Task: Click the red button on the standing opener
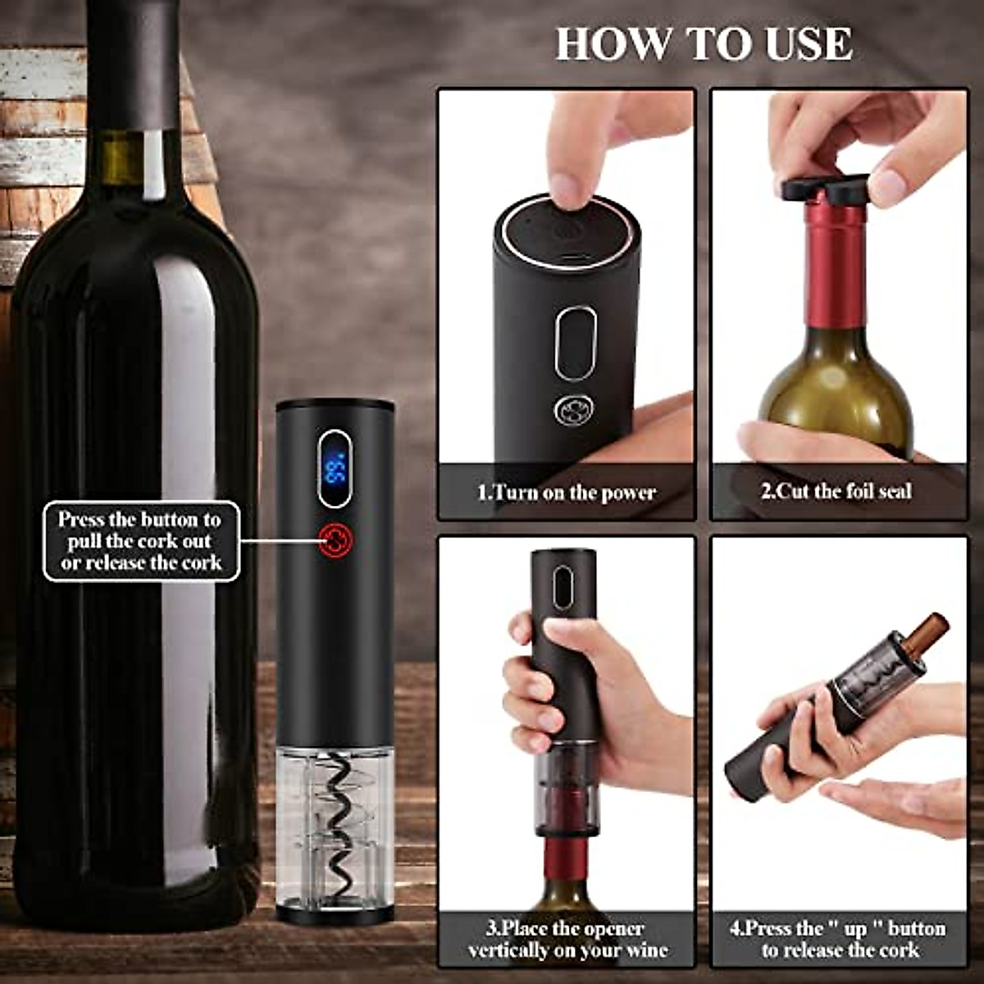coord(336,540)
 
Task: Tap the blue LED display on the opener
coord(335,469)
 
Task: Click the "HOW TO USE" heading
coord(704,43)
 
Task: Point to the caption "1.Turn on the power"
coord(567,493)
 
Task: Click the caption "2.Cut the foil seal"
coord(836,492)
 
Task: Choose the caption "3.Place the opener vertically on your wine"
coord(567,940)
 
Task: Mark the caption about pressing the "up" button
coord(837,940)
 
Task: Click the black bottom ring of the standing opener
coord(335,913)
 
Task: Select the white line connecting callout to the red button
coord(279,540)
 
